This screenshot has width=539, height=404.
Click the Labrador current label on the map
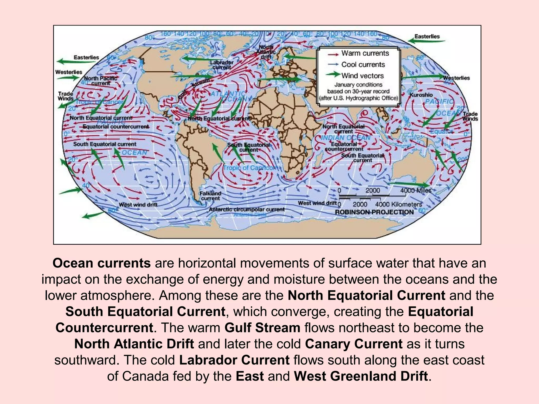(x=222, y=65)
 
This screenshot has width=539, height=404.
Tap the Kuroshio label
(x=421, y=95)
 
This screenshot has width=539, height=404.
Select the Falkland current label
(x=210, y=196)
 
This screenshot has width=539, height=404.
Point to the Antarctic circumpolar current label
(x=247, y=209)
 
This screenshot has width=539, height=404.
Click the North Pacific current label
(x=101, y=81)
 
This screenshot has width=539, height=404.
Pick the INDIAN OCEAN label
(x=346, y=138)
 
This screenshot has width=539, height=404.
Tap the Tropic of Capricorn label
(x=250, y=168)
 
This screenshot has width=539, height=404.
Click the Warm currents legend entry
(x=365, y=53)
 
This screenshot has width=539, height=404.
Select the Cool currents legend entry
(x=363, y=65)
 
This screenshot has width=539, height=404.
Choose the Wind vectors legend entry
(x=362, y=76)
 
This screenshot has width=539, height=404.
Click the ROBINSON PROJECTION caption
(x=374, y=212)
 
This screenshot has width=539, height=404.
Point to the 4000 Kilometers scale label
(x=398, y=204)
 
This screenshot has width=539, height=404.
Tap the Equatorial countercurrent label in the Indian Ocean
(x=344, y=147)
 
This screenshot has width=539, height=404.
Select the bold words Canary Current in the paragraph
(x=353, y=344)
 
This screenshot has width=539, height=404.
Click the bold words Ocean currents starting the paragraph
(x=102, y=263)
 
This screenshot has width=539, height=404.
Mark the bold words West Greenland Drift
(x=361, y=376)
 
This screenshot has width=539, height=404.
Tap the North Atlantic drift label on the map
(x=266, y=52)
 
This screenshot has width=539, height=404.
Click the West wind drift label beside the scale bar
(x=317, y=203)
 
